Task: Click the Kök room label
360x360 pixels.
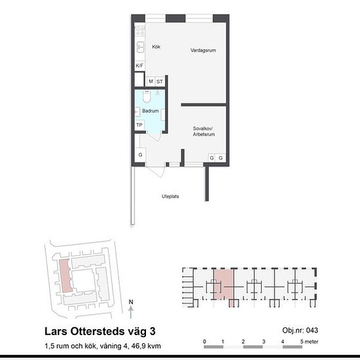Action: (156, 47)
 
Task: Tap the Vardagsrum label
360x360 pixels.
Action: (203, 50)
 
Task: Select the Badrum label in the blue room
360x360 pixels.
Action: (151, 111)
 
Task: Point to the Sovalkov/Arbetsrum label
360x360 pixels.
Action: (204, 132)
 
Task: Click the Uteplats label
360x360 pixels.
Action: (170, 196)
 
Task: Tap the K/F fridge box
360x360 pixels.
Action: (139, 65)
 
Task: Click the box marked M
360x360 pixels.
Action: (151, 81)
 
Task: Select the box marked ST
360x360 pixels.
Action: (160, 81)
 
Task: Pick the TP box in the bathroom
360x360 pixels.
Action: (139, 125)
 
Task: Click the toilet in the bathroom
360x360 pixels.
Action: (147, 96)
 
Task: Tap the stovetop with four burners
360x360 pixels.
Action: (140, 31)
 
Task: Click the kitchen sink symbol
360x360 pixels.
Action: (140, 47)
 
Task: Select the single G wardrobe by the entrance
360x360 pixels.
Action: (140, 154)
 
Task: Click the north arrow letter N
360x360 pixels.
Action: (131, 302)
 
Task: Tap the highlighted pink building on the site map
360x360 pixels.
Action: (65, 276)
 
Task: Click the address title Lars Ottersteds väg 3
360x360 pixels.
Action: (100, 331)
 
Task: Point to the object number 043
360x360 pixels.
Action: (312, 331)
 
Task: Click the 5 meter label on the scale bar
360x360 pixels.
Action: (309, 342)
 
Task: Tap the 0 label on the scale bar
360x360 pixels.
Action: (205, 342)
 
